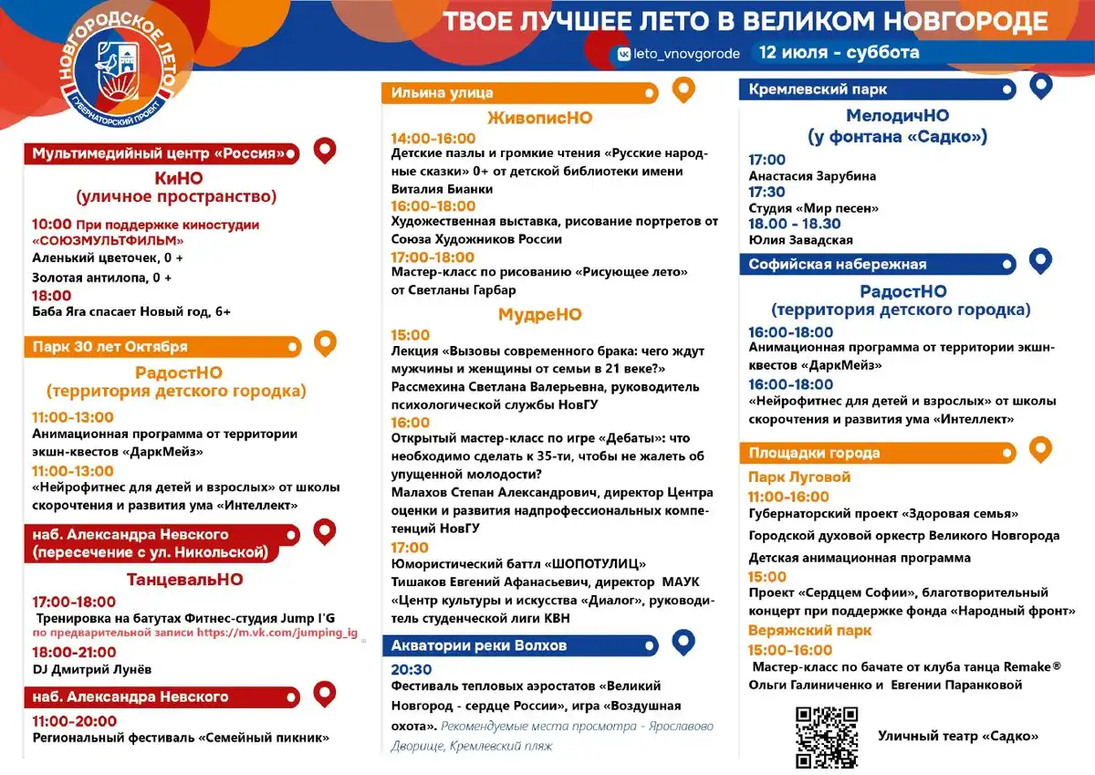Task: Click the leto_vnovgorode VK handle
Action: pos(679,54)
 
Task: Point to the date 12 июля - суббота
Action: pos(839,52)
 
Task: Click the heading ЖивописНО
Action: pos(540,119)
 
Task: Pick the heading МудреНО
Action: pos(540,315)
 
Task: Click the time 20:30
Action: pos(412,669)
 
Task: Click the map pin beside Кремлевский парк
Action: pos(1041,87)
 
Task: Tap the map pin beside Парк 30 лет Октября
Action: pos(325,343)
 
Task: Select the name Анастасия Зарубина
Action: pos(812,176)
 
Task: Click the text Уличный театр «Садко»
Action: pos(958,737)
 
